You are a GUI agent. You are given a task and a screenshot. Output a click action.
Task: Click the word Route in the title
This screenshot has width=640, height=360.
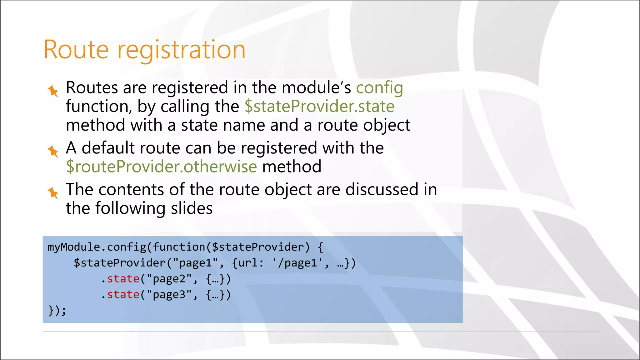click(x=76, y=50)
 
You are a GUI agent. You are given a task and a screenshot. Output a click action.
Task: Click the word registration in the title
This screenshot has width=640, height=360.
click(x=181, y=50)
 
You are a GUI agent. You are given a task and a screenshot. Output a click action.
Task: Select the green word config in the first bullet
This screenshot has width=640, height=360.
click(x=379, y=88)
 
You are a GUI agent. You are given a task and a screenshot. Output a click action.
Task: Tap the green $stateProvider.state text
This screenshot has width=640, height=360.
click(x=319, y=107)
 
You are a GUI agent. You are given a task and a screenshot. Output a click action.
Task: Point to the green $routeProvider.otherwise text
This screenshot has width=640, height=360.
click(x=162, y=167)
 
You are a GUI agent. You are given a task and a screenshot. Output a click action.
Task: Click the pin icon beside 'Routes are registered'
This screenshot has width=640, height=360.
click(x=53, y=91)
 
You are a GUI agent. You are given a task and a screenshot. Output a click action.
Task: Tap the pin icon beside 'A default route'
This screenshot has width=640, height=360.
click(x=53, y=151)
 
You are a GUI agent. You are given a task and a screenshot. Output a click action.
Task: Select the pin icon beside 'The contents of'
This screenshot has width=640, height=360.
click(x=53, y=193)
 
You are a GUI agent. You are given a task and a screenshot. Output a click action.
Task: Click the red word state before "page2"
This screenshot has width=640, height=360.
click(x=123, y=279)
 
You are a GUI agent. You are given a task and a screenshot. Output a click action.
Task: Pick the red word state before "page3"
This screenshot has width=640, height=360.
click(x=123, y=295)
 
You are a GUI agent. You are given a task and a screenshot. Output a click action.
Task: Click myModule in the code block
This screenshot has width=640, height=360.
click(x=74, y=247)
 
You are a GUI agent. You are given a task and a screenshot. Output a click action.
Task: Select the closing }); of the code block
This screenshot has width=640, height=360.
click(x=57, y=311)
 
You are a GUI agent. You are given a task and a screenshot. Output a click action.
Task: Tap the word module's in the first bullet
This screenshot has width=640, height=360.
click(x=316, y=88)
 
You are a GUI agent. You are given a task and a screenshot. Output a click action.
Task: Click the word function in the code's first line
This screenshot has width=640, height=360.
click(x=179, y=247)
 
